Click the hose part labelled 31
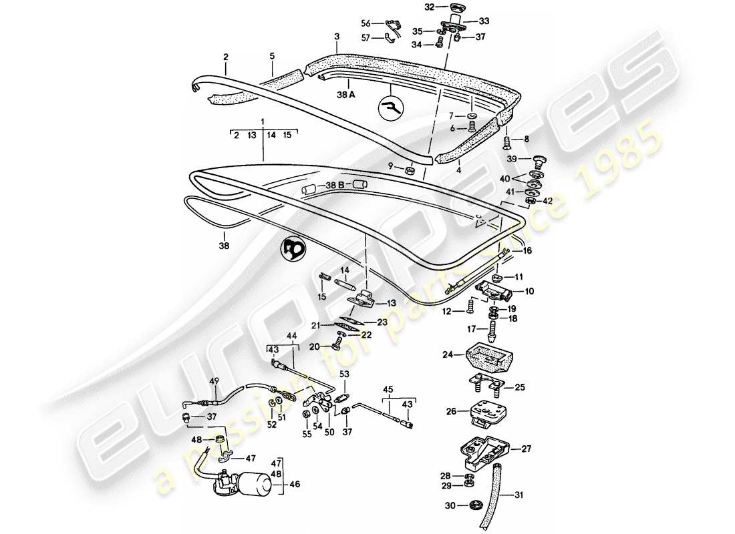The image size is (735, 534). tap(496, 484)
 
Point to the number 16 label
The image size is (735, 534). tap(527, 251)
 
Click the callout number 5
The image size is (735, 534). tap(272, 57)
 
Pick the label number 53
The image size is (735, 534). tap(344, 374)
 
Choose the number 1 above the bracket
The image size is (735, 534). tap(263, 121)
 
